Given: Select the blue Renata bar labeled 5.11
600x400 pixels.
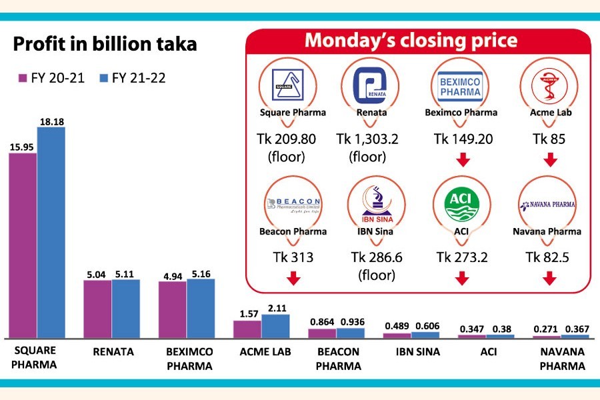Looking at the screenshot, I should coord(125,309).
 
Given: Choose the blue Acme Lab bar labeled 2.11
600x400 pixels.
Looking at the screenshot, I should coord(275,326).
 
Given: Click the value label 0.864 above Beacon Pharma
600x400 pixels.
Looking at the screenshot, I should coord(323,321).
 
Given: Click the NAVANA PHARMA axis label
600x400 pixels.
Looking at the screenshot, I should coord(561,359).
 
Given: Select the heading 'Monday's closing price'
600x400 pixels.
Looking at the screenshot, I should coord(411,41).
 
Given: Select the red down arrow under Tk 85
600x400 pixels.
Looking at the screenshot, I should coord(550,161).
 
